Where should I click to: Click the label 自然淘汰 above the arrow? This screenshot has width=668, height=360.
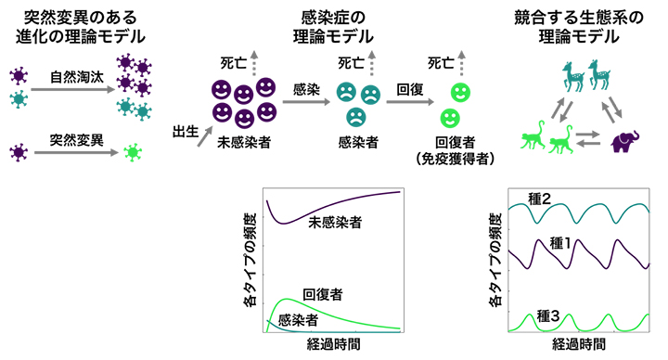[x=74, y=76]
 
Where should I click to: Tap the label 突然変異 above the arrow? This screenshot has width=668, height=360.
[x=74, y=137]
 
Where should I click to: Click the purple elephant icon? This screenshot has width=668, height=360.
[x=626, y=140]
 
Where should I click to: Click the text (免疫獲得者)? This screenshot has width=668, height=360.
[x=455, y=159]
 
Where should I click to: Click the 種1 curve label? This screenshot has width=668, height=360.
[x=563, y=243]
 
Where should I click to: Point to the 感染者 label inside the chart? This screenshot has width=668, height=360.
[x=299, y=319]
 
